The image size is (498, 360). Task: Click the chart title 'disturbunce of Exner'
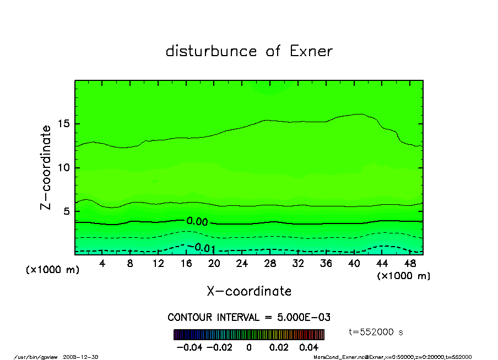click(249, 51)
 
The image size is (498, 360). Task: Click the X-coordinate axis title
click(249, 291)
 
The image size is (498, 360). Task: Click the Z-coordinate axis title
click(46, 167)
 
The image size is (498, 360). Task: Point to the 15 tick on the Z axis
click(65, 124)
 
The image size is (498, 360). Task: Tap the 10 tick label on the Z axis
click(65, 167)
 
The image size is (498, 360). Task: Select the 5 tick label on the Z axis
click(68, 211)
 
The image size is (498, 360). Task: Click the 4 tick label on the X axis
click(102, 264)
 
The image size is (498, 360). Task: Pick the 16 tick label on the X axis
click(186, 264)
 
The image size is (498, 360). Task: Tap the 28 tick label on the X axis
click(270, 264)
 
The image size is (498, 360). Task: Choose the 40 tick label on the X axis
click(354, 264)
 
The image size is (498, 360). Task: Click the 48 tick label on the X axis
click(409, 264)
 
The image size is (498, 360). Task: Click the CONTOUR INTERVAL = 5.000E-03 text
click(249, 318)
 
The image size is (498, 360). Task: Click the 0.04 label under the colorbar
click(308, 347)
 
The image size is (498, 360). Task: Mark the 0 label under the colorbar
click(249, 347)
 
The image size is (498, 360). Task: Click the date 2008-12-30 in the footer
click(85, 357)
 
